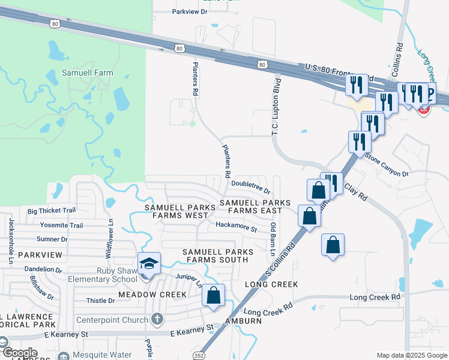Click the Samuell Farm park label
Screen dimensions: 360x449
[88, 73]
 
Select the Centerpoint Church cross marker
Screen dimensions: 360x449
[157, 319]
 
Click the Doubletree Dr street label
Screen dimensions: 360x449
[251, 186]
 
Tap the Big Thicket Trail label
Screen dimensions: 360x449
[52, 211]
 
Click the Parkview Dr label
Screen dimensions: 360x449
[189, 11]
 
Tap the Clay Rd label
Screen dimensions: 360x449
[355, 191]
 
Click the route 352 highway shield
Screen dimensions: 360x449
[198, 355]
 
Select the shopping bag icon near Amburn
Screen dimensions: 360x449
[213, 295]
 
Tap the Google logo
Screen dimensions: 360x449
[20, 353]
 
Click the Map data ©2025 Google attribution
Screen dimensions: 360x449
[411, 355]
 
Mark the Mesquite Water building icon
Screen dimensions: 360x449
[62, 355]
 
